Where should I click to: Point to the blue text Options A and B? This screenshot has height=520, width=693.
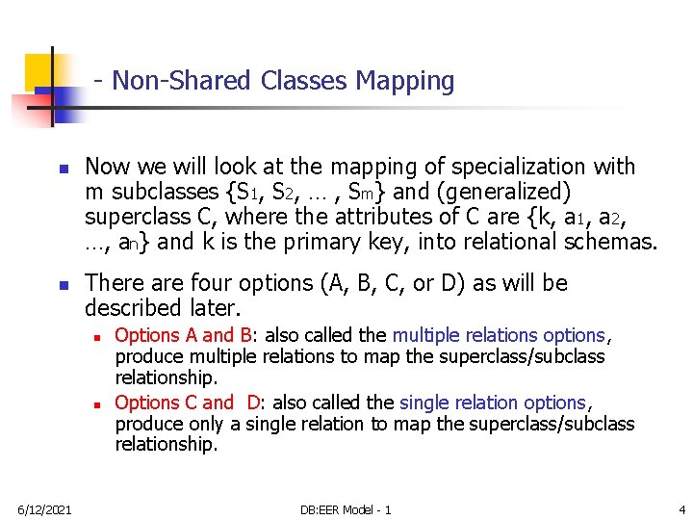tap(183, 335)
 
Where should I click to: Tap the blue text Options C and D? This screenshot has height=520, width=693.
tap(188, 403)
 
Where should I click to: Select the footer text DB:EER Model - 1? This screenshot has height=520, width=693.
tap(346, 508)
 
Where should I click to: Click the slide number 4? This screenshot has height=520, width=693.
tap(680, 508)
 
